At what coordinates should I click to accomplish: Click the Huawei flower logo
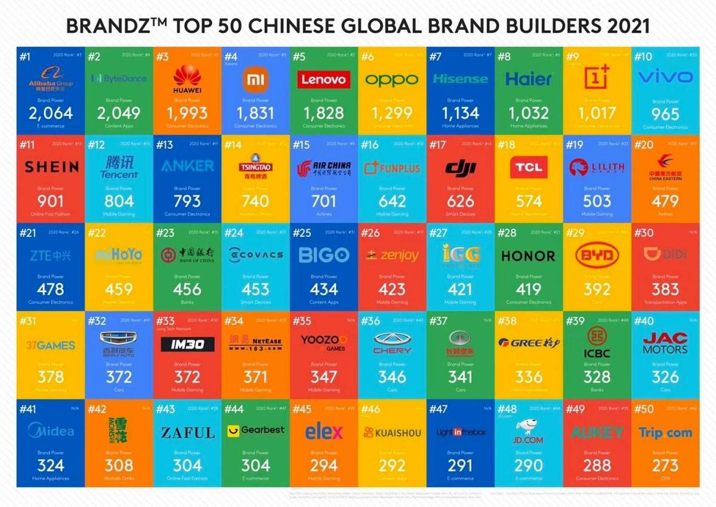point(187,76)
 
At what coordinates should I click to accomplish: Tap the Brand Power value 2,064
point(51,113)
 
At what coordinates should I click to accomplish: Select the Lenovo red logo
point(323,79)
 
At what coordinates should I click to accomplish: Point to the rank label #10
point(644,57)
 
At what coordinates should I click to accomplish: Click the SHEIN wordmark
point(51,167)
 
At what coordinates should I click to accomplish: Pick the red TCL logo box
point(528,167)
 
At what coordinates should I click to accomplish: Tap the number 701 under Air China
point(323,201)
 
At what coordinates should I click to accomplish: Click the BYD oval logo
point(597,256)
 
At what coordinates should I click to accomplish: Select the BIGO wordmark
point(323,255)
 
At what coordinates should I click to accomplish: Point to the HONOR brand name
point(528,256)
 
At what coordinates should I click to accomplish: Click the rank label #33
point(165,321)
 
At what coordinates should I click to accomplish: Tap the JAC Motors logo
point(665,343)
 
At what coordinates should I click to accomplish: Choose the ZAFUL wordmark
point(187,432)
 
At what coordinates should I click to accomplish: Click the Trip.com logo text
point(665,432)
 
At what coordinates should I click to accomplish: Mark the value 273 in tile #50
point(665,465)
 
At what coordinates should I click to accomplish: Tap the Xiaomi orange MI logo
point(255,79)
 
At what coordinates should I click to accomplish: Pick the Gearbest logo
point(255,430)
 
